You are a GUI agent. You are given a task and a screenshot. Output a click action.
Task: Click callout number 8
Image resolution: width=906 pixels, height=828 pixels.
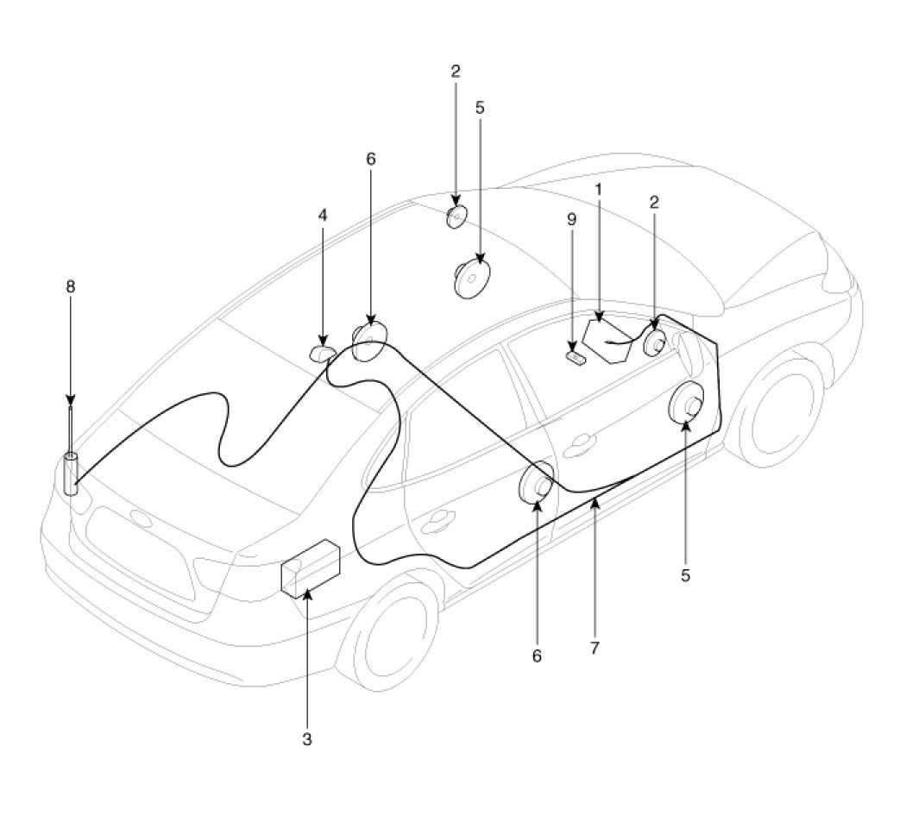[71, 286]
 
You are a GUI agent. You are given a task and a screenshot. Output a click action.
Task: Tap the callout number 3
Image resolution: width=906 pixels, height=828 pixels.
[307, 739]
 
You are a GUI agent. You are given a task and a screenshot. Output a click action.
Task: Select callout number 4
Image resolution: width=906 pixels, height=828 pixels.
[323, 215]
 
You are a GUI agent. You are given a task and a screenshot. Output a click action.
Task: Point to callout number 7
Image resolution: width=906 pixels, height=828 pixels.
[595, 648]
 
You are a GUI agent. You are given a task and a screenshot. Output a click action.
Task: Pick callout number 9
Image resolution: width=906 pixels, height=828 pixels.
[570, 219]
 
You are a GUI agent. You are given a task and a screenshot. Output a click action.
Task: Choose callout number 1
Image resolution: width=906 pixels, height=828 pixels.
[597, 188]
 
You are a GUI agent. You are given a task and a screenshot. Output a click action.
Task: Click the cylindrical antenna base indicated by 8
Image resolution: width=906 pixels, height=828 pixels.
[70, 474]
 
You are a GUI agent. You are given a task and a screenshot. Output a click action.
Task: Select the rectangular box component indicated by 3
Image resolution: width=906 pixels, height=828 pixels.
[310, 568]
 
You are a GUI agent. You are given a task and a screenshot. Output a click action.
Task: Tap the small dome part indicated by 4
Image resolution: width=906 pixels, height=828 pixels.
[323, 354]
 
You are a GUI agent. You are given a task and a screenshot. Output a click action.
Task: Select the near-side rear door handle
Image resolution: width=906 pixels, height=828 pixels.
[438, 517]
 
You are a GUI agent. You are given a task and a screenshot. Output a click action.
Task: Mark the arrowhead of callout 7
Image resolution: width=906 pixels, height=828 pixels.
[595, 503]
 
